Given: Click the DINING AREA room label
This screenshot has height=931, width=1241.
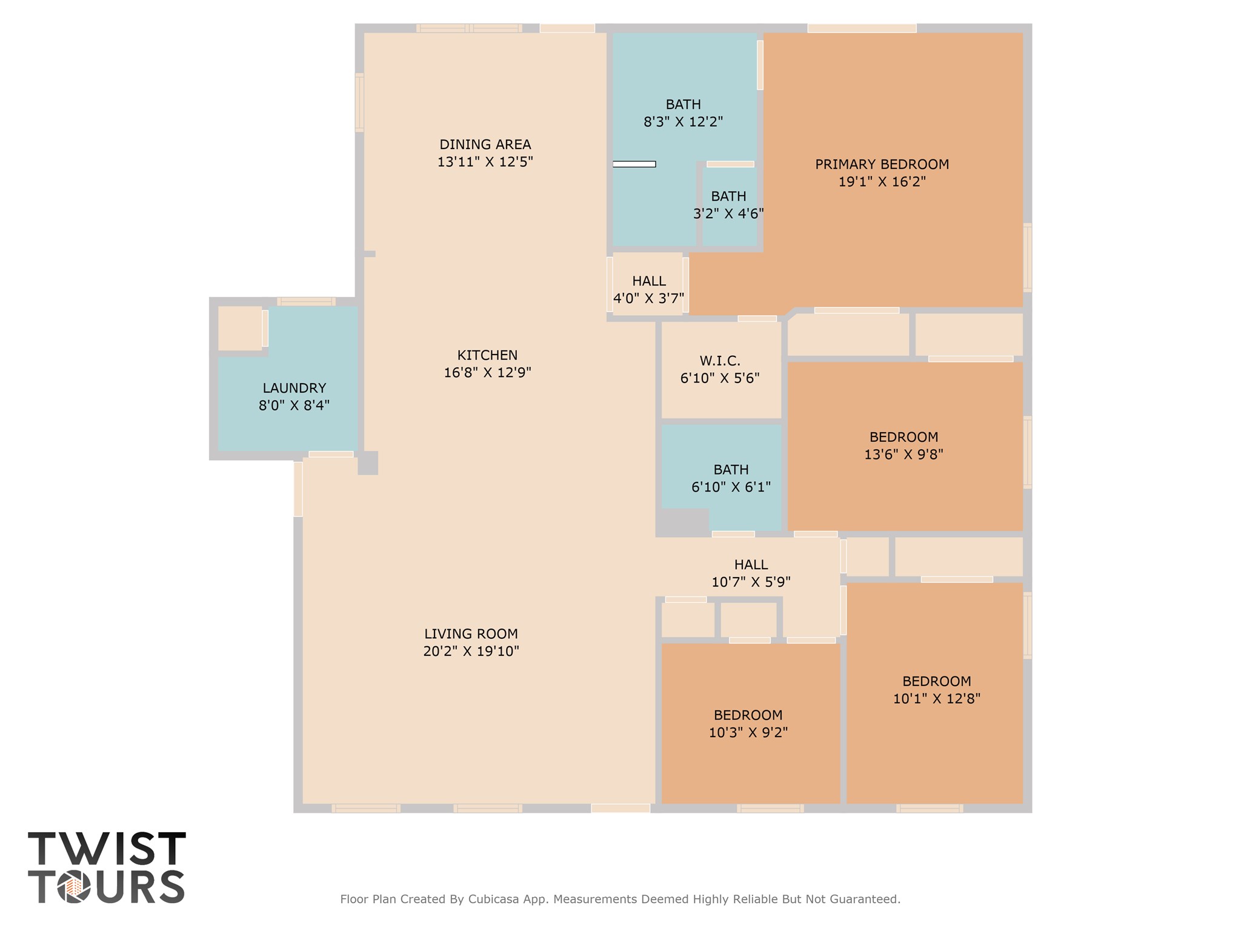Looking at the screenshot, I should [485, 145].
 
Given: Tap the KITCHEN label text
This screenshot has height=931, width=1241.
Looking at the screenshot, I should [487, 355].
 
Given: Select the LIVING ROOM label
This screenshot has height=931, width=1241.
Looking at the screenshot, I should [471, 634].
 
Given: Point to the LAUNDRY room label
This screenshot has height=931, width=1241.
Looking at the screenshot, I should [294, 388].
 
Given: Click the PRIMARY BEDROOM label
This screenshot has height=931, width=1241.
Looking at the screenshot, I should [882, 164].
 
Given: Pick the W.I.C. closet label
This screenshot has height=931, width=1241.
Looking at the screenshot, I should [720, 361].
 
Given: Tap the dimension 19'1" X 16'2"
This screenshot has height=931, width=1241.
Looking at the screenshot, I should [882, 182].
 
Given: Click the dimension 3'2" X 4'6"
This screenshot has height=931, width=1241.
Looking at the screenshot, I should [728, 214].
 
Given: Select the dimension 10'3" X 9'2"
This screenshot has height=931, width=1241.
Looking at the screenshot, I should [748, 733].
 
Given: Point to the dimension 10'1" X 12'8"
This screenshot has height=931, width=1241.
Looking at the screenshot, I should [936, 699].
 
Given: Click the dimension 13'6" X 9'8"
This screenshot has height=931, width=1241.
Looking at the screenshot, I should [903, 455].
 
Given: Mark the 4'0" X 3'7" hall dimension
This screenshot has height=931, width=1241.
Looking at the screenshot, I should [648, 298].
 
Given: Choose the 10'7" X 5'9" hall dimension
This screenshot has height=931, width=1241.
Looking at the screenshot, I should [751, 582].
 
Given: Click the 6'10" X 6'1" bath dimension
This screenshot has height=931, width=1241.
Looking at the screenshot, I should [731, 487].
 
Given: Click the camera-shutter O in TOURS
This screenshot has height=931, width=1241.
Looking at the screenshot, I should [74, 888].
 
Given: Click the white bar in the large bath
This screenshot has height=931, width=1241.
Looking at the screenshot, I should [634, 164].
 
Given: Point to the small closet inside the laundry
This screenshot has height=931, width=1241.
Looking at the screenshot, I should [240, 328].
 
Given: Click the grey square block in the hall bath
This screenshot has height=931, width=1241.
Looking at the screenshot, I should [683, 521].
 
